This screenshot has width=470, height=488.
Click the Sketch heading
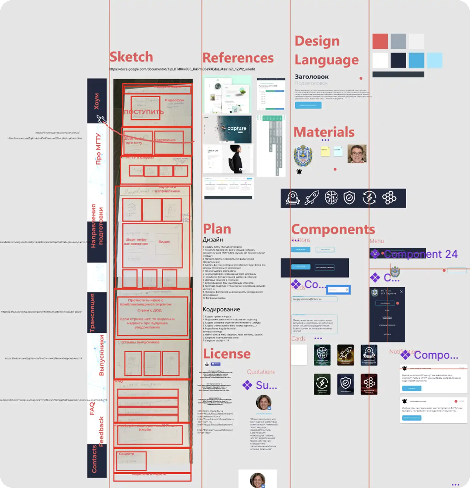[131, 57]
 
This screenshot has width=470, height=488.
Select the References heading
[238, 58]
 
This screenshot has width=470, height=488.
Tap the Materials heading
[324, 132]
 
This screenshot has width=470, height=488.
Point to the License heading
[227, 354]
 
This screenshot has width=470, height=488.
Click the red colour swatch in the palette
[380, 41]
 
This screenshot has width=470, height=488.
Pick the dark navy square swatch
[398, 60]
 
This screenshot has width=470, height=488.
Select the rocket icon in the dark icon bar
[312, 198]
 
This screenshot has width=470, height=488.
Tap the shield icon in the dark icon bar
[349, 198]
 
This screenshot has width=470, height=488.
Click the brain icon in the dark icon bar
[331, 198]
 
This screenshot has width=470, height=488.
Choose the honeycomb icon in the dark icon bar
[389, 198]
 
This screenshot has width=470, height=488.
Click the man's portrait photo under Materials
[357, 154]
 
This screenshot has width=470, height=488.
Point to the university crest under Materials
[303, 155]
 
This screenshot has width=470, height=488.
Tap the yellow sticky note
[325, 151]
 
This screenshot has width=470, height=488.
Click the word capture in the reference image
[237, 128]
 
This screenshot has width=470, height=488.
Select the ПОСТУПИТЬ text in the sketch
[144, 112]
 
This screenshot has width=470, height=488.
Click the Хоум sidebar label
[97, 101]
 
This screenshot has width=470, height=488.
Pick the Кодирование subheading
[221, 309]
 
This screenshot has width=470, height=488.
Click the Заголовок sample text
[311, 77]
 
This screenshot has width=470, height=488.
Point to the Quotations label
[261, 372]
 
